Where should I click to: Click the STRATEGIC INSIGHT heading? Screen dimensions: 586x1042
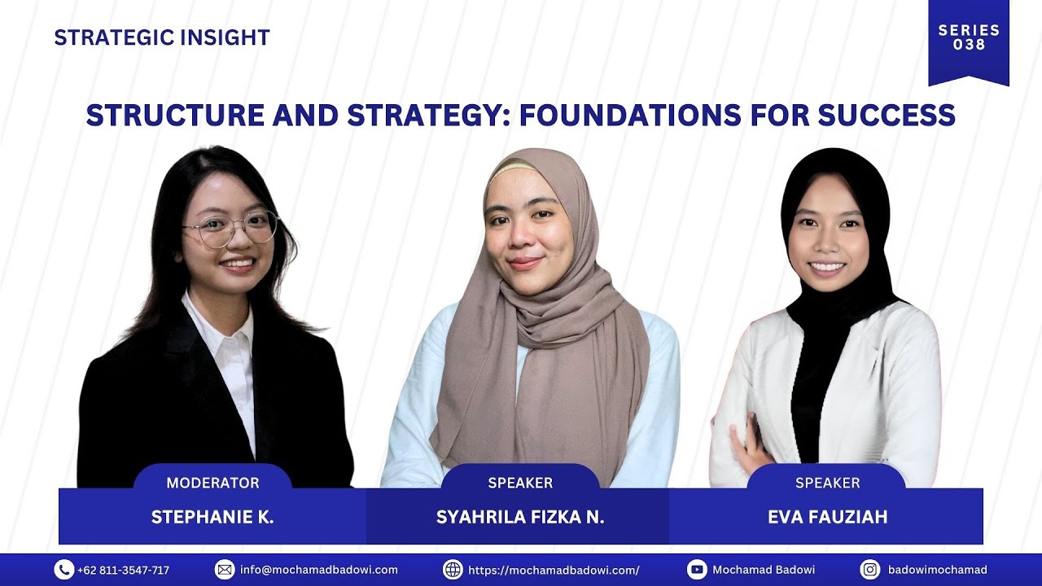click(x=161, y=37)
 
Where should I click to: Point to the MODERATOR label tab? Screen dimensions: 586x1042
click(x=212, y=483)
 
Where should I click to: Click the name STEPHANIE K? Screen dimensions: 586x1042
click(x=212, y=518)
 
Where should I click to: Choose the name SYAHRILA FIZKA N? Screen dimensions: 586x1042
click(x=520, y=518)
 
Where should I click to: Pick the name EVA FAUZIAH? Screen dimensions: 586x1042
click(x=827, y=518)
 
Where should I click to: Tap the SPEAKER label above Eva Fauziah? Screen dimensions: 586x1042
click(x=827, y=483)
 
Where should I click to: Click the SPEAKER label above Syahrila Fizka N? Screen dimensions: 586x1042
click(x=520, y=483)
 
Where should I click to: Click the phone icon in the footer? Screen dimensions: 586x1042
click(x=64, y=570)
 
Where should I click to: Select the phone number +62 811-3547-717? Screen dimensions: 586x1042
click(x=124, y=570)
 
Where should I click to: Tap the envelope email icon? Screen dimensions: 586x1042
click(x=225, y=570)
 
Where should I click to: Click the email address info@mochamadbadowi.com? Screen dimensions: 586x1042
click(x=319, y=570)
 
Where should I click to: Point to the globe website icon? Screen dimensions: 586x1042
click(x=453, y=570)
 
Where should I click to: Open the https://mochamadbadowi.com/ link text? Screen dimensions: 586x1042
click(x=554, y=570)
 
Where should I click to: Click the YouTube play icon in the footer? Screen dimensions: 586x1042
click(x=697, y=570)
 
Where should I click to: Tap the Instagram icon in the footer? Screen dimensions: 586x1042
click(x=870, y=570)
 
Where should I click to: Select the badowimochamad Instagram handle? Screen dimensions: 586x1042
click(x=937, y=570)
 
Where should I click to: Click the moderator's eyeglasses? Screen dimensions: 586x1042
click(x=231, y=229)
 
